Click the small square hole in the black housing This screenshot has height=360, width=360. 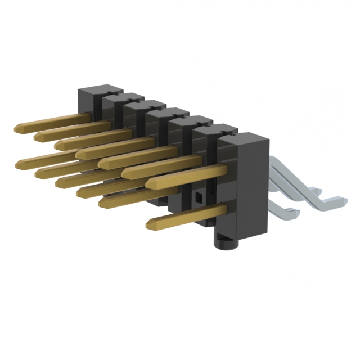click(x=198, y=198)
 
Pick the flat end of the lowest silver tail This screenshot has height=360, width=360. click(x=293, y=214)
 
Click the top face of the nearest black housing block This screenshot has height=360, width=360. click(x=241, y=138)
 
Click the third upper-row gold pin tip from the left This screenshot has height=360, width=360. click(x=58, y=144)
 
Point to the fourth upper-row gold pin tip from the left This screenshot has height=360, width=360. click(x=79, y=152)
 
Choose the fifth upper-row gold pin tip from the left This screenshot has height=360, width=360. click(x=101, y=163)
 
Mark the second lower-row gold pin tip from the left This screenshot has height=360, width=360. click(x=37, y=172)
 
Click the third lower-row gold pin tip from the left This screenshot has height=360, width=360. click(x=58, y=181)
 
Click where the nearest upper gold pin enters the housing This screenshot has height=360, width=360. click(x=226, y=168)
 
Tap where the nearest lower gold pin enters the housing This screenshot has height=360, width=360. click(x=226, y=210)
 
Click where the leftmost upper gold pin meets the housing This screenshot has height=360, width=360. click(x=88, y=116)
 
